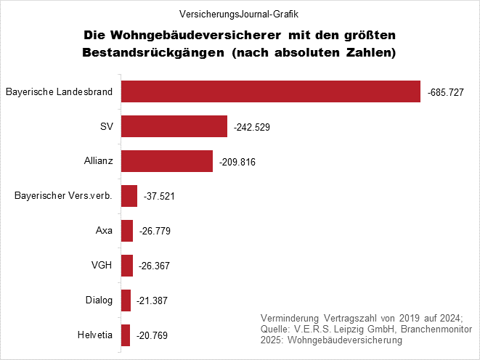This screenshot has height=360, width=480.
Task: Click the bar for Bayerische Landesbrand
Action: [x=271, y=91]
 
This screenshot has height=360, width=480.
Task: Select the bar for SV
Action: [x=174, y=126]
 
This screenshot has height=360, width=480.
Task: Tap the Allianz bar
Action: [x=167, y=161]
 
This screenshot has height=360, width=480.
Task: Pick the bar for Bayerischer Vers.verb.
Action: [x=129, y=196]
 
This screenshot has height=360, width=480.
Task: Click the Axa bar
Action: [x=127, y=231]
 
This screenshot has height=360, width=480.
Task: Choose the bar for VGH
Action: [x=127, y=266]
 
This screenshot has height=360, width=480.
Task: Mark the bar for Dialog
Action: [x=126, y=300]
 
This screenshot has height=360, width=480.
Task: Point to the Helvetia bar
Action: [x=126, y=335]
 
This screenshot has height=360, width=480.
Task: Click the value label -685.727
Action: [x=446, y=93]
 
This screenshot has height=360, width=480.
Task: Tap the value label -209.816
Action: [x=237, y=163]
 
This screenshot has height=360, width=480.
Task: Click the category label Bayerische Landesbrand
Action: [x=59, y=92]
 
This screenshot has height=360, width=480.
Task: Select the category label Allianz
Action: [x=98, y=161]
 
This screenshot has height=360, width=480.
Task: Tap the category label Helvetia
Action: [x=94, y=335]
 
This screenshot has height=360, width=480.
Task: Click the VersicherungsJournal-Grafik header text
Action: [x=240, y=14]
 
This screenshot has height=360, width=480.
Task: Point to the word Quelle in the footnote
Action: [x=275, y=329]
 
